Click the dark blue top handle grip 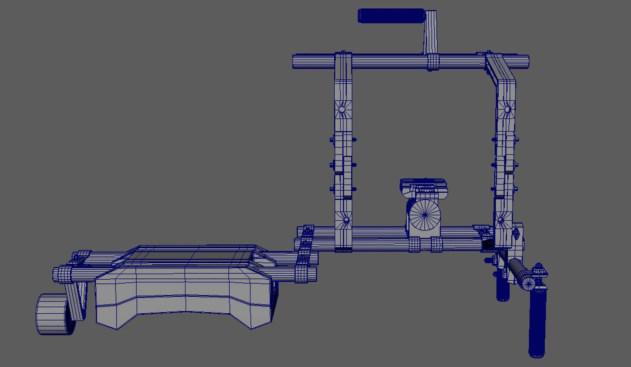[391, 16]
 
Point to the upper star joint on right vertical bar [507, 109]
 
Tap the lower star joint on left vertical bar [346, 220]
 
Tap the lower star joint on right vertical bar [501, 220]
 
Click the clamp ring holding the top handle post [433, 62]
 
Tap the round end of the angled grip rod [528, 283]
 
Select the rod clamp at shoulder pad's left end [65, 274]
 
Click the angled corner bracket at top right [499, 70]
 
